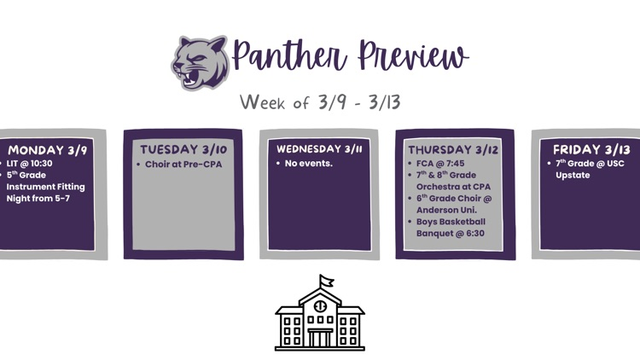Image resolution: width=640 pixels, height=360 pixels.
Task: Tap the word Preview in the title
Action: click(x=413, y=58)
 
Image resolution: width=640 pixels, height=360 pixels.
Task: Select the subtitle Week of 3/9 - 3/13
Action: click(x=320, y=102)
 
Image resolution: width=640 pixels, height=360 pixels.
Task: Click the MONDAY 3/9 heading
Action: click(x=47, y=150)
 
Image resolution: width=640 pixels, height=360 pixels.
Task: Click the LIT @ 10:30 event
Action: click(x=31, y=163)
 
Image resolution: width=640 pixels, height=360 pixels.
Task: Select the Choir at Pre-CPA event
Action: click(x=182, y=164)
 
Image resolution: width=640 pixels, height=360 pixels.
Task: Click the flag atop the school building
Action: click(x=326, y=281)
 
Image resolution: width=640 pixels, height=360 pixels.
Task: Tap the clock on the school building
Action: click(x=320, y=305)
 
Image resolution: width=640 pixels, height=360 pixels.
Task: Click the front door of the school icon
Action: click(x=320, y=339)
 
